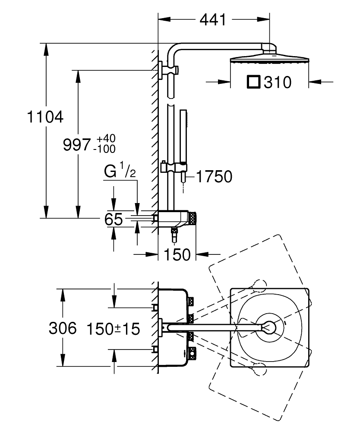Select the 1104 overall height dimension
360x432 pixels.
point(45,117)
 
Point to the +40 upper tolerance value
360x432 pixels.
point(106,139)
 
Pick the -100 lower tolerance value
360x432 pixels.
point(104,149)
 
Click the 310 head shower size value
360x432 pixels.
point(278,82)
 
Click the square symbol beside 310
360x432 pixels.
point(253,82)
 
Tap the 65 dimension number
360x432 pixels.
point(114,219)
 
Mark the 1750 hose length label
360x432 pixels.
point(214,176)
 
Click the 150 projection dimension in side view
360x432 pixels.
point(177,255)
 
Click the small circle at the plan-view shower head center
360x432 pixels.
point(270,327)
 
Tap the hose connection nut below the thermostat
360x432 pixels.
point(174,235)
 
